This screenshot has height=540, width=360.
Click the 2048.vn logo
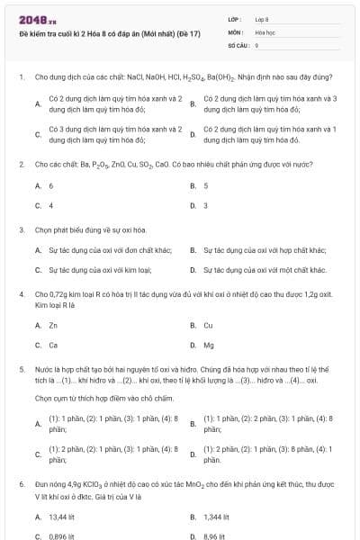31,19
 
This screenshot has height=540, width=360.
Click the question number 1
21,78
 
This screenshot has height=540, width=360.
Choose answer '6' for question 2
50,185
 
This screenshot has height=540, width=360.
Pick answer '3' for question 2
206,205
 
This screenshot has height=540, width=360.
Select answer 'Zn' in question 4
53,325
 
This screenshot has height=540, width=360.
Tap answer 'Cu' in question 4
208,325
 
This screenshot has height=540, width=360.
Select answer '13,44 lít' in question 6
61,517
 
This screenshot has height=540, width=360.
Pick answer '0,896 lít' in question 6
61,536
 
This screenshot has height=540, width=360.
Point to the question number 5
21,369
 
